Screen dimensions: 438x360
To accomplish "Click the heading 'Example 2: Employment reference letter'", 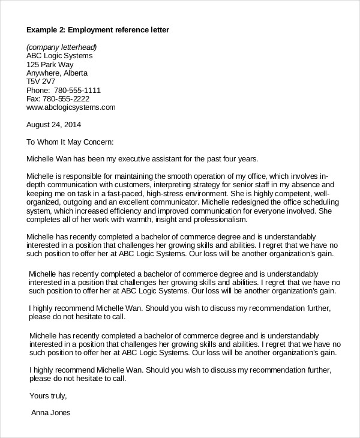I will click(x=98, y=30).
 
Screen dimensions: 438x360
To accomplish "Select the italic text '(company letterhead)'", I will click(x=62, y=47).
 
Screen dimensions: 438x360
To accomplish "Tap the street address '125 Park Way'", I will click(x=51, y=65).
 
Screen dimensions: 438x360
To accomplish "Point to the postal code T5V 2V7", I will click(x=40, y=82).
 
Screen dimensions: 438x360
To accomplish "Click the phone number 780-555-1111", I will click(x=80, y=91).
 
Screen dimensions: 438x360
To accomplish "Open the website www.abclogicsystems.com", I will click(x=70, y=108).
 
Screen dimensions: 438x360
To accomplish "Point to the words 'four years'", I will click(x=238, y=160).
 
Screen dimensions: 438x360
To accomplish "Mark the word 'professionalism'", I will click(x=202, y=220).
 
